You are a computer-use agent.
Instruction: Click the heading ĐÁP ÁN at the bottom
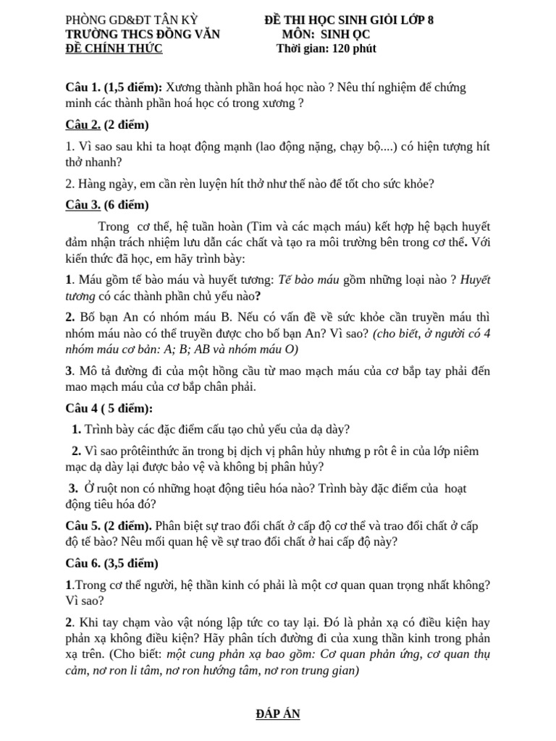click(x=278, y=714)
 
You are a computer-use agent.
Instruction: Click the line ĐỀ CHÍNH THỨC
click(x=114, y=48)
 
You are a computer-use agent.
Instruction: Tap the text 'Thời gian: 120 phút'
click(x=326, y=48)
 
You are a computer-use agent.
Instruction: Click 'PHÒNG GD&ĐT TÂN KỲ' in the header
click(x=131, y=20)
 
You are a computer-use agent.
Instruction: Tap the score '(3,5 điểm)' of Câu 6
click(x=131, y=563)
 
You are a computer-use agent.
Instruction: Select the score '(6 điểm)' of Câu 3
click(x=126, y=204)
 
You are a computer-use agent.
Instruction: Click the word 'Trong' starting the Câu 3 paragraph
click(x=115, y=224)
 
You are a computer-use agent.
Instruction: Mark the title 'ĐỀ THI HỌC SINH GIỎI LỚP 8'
click(x=349, y=20)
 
